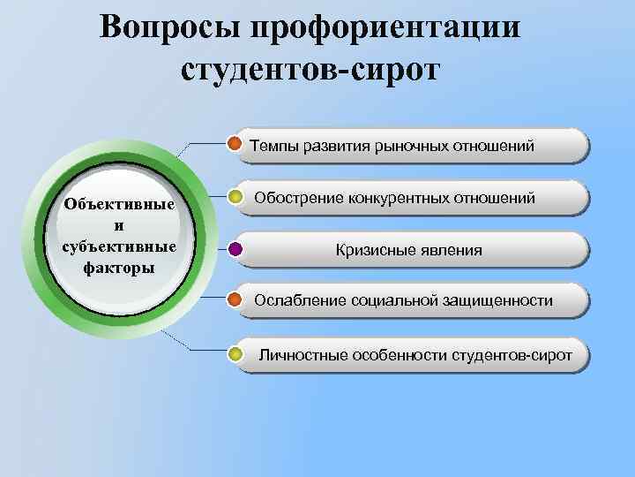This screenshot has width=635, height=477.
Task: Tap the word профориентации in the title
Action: [x=387, y=26]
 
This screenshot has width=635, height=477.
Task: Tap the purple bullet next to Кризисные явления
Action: [x=235, y=250]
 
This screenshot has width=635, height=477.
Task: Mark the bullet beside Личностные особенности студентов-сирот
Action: [x=235, y=356]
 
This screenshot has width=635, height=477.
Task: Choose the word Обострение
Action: [x=298, y=199]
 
